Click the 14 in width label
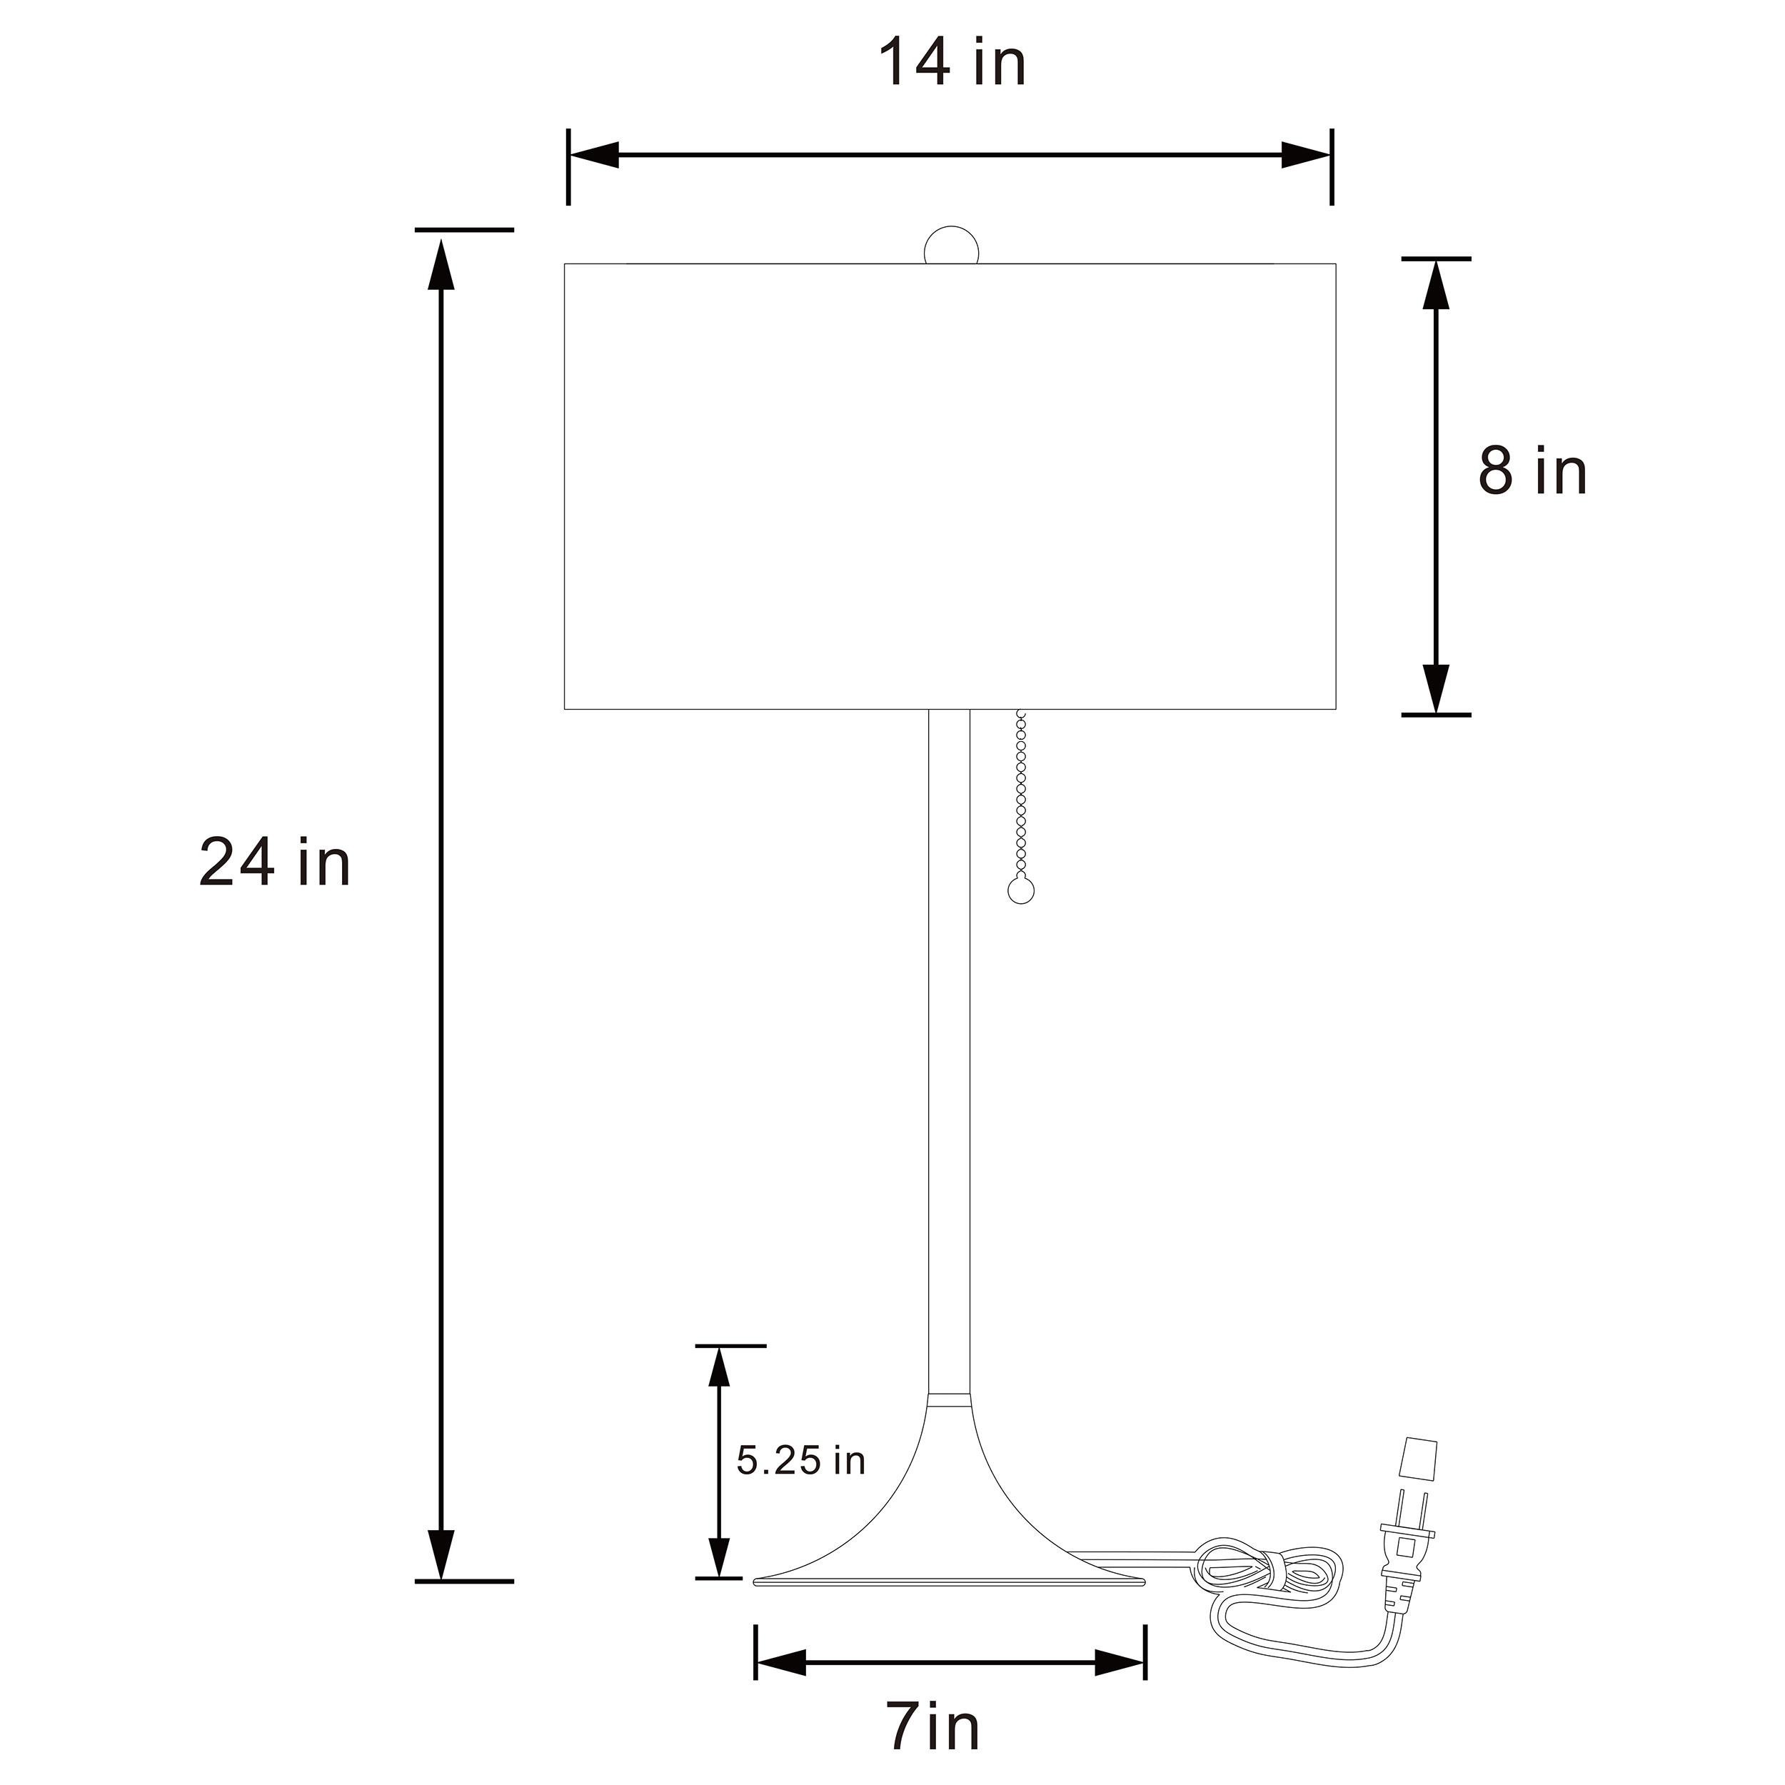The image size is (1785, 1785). tap(952, 64)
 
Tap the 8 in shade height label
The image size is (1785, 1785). tap(1533, 471)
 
